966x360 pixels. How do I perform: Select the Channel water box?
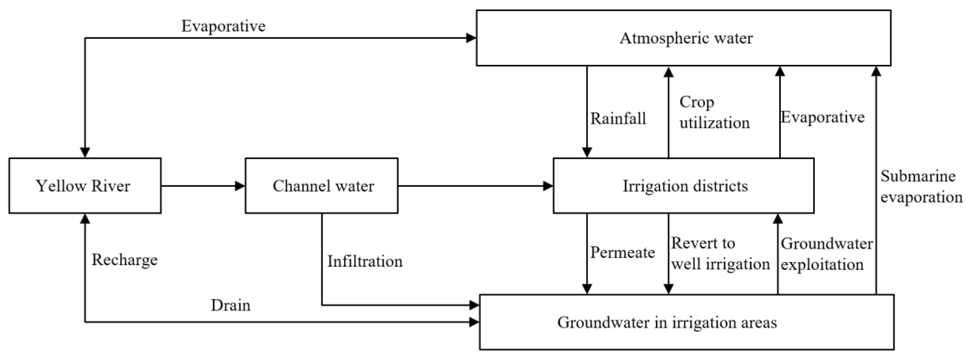(321, 186)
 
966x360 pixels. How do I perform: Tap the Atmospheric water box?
(683, 38)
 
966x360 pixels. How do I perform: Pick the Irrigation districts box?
(683, 186)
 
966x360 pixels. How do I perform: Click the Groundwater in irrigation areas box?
(686, 322)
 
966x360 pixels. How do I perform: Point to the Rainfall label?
(618, 119)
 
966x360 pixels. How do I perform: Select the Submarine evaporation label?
(921, 186)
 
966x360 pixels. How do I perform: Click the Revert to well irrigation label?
(720, 254)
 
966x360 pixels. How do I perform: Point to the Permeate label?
(622, 252)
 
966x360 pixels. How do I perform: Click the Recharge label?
(124, 260)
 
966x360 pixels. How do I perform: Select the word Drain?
(230, 305)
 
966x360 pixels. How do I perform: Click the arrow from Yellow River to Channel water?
(202, 186)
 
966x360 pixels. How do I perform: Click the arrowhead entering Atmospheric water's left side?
(471, 38)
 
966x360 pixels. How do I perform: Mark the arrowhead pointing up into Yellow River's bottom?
(85, 219)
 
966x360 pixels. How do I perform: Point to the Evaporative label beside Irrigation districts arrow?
(822, 117)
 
